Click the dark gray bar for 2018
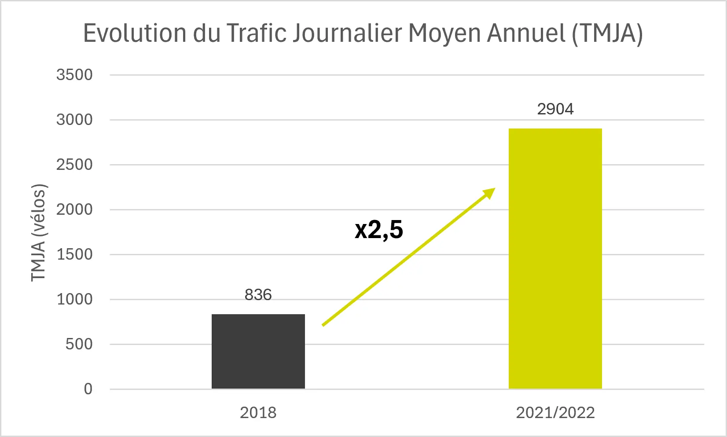click(x=258, y=351)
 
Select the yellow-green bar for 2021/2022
click(x=555, y=258)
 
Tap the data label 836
click(x=258, y=294)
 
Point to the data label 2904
click(x=555, y=109)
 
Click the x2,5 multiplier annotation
click(x=379, y=230)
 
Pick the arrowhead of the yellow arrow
click(x=489, y=194)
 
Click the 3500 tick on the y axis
click(x=74, y=75)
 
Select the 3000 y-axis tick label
click(x=74, y=120)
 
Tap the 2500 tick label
click(x=74, y=165)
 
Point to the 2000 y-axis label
click(x=74, y=209)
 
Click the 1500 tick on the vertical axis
click(x=74, y=254)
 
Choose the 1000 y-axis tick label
click(x=74, y=299)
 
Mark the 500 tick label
click(x=79, y=344)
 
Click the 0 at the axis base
click(x=88, y=389)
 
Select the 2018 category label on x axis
click(x=258, y=413)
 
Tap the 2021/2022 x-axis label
click(x=555, y=413)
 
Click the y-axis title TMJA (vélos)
click(x=38, y=232)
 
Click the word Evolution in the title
click(x=135, y=33)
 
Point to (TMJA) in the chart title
click(x=607, y=33)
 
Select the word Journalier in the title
click(x=347, y=33)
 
